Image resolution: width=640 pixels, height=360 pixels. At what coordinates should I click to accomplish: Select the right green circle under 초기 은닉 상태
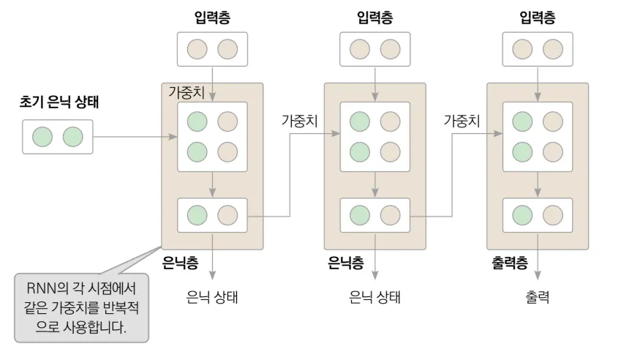click(x=72, y=137)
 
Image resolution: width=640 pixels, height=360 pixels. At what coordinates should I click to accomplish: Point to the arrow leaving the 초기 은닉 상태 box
click(x=135, y=137)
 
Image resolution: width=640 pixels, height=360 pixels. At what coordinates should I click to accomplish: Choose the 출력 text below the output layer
click(x=537, y=298)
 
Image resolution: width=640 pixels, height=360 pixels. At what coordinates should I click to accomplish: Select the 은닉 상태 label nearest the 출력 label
click(x=375, y=298)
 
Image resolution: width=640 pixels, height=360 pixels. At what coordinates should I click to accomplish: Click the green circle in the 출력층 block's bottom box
click(x=522, y=215)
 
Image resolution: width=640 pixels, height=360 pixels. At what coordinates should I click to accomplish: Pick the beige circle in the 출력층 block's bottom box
click(x=552, y=215)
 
